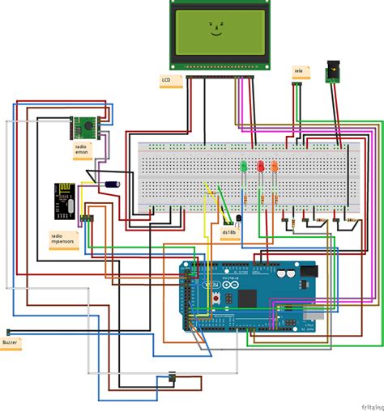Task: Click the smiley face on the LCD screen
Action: [215, 29]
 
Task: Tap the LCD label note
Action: [168, 80]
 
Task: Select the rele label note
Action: [298, 71]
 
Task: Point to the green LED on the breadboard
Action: [243, 166]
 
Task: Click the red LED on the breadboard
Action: [260, 166]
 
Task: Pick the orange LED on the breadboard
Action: [274, 166]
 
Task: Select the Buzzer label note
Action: [11, 343]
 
